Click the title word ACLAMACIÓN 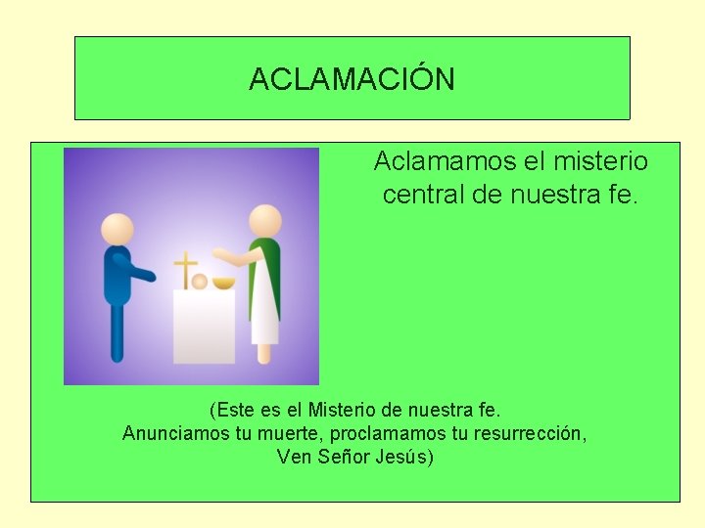click(352, 79)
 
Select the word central click(423, 196)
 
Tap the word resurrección click(530, 432)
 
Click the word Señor click(343, 457)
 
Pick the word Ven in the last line click(294, 457)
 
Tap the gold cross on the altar click(183, 269)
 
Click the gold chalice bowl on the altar click(224, 284)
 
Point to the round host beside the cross click(200, 282)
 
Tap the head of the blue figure click(118, 229)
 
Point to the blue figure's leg click(117, 332)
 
